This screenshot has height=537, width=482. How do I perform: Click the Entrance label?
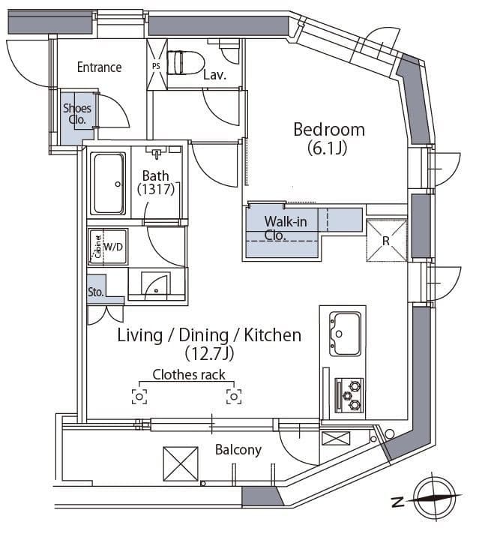[99, 67]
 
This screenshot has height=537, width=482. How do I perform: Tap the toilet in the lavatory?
[185, 62]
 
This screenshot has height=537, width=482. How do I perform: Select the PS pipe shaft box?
[157, 64]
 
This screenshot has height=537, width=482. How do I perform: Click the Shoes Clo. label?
[77, 114]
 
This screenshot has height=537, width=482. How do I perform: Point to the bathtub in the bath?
[108, 183]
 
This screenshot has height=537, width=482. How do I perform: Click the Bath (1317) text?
[156, 182]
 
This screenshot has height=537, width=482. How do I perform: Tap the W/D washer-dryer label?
[113, 246]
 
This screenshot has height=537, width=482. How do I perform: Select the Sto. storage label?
[95, 292]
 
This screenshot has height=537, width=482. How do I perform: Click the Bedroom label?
[329, 130]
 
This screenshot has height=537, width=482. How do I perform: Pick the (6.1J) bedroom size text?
[328, 148]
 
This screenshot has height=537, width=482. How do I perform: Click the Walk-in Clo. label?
[285, 228]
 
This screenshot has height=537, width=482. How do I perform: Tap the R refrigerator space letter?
[386, 241]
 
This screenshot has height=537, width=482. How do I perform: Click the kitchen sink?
[345, 334]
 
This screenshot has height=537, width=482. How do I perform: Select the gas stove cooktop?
[349, 395]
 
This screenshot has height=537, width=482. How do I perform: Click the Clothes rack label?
[189, 375]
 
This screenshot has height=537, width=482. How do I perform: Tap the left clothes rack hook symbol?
[139, 397]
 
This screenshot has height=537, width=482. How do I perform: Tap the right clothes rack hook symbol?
[234, 397]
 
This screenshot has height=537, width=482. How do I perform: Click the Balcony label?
[238, 450]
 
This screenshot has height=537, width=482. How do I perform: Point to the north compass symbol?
[435, 496]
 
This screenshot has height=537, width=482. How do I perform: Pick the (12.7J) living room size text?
[209, 353]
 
